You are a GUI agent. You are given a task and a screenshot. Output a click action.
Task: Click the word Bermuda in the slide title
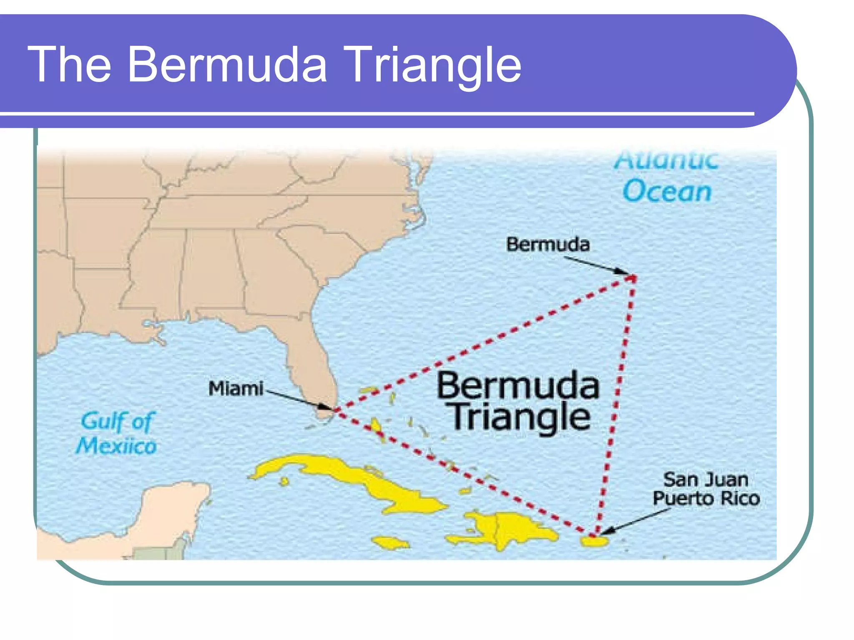pos(227,65)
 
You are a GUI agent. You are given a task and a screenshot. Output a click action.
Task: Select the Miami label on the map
pos(236,388)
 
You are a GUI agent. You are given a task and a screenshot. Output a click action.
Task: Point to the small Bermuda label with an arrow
pos(548,244)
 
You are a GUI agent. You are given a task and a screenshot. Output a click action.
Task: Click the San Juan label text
pos(706,480)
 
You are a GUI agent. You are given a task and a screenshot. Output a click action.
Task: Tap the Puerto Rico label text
pos(706,498)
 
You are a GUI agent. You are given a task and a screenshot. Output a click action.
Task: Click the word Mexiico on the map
pos(116,446)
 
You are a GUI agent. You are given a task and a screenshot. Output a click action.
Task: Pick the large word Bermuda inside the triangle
pos(518,386)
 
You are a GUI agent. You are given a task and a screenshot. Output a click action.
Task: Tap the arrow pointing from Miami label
pos(299,400)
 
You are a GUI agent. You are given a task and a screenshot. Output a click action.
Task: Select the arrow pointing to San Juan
pos(634,521)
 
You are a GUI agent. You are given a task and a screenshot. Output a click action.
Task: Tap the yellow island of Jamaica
pos(391,543)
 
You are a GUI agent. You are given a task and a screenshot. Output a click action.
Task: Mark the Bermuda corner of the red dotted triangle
pos(633,277)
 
